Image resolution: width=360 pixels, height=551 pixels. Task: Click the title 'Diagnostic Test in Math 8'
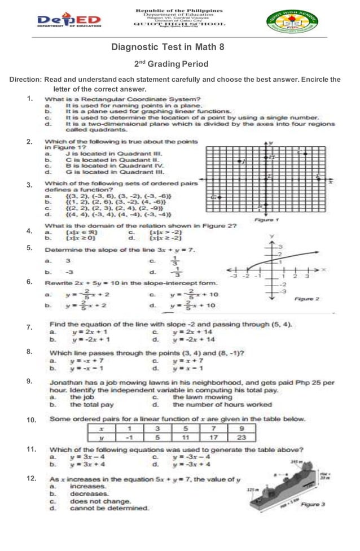pos(168,48)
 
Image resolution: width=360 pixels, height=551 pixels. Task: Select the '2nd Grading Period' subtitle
pos(171,64)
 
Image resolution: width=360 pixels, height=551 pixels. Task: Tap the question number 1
pos(29,99)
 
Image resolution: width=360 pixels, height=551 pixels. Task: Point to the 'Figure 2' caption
pos(307,298)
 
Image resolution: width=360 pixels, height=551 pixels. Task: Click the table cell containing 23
pos(241,437)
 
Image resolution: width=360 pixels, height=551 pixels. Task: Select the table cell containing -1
pos(129,437)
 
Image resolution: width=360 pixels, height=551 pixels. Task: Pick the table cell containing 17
pos(213,437)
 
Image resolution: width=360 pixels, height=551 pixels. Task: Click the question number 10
pos(31,419)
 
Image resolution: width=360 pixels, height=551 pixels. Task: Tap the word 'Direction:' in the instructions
pos(26,80)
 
